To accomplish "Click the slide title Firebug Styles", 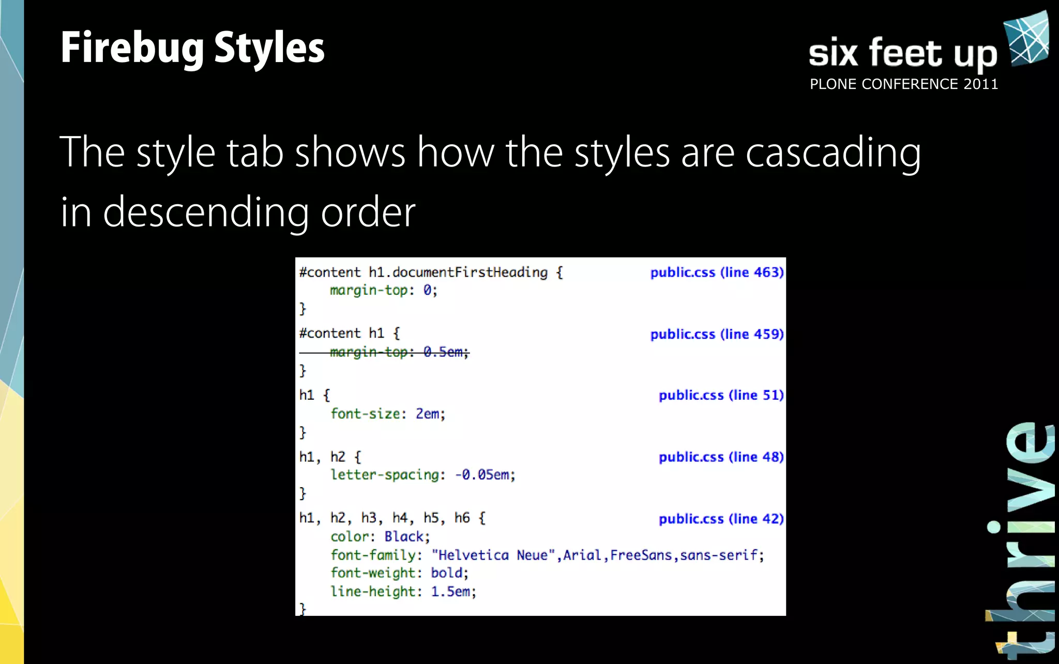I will [192, 48].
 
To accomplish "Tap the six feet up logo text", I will [902, 53].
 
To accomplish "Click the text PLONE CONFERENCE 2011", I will [903, 84].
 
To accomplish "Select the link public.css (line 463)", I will [717, 273].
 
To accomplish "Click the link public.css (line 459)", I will [717, 334].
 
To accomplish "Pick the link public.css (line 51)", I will [721, 395].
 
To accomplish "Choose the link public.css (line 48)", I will [721, 457].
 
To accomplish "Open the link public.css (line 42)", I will [721, 519].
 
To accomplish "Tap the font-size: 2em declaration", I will [388, 414].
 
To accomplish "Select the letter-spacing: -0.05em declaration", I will [423, 475].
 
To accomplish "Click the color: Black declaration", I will [380, 537].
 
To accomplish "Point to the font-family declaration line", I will [547, 555].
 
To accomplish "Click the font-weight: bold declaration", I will [399, 573].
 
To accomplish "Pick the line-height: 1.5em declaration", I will [403, 592].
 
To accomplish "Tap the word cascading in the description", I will [833, 153].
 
